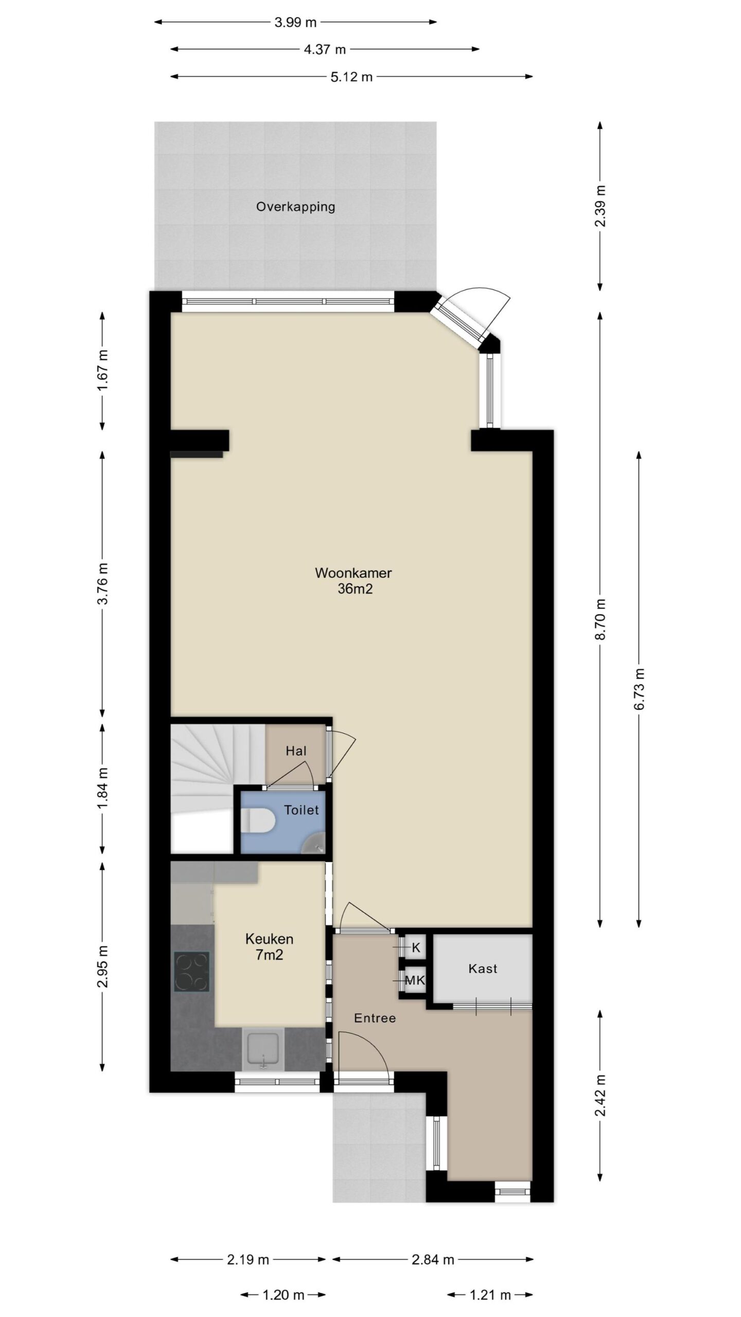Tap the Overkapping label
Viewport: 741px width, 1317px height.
pyautogui.click(x=295, y=207)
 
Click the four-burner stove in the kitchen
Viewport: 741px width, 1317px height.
pyautogui.click(x=191, y=971)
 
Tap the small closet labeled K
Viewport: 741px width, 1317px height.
pyautogui.click(x=416, y=948)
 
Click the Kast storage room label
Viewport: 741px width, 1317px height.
pyautogui.click(x=483, y=969)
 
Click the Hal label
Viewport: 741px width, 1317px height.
pyautogui.click(x=296, y=751)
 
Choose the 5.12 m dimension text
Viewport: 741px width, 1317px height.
pyautogui.click(x=351, y=77)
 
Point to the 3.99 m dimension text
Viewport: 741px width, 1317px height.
pyautogui.click(x=295, y=22)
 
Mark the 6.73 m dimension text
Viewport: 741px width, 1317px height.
pyautogui.click(x=639, y=689)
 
